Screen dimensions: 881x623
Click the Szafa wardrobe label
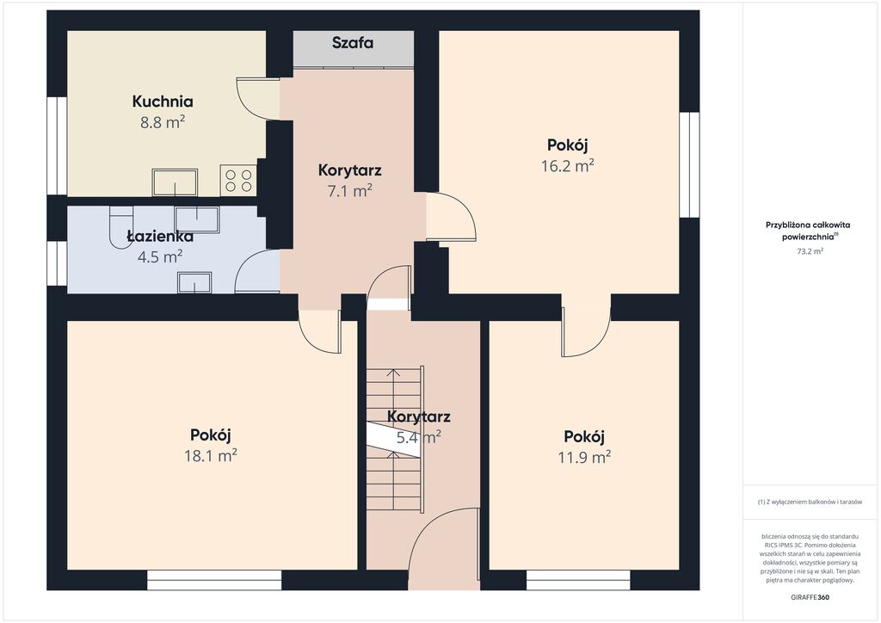pos(352,43)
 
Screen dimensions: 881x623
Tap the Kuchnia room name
pos(163,102)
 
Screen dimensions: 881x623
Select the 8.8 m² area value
pos(163,122)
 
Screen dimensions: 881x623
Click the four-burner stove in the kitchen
pos(238,181)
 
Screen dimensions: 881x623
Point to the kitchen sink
pos(175,182)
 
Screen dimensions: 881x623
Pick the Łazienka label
pos(160,236)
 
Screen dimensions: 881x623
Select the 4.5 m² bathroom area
pos(159,256)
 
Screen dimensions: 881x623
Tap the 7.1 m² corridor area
pos(349,191)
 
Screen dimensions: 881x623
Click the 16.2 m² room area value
pos(568,166)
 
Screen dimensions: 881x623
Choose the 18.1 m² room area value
pos(210,455)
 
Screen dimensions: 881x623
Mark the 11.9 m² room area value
pos(584,457)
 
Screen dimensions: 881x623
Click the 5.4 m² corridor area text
pos(419,437)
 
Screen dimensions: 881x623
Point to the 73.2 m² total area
pos(810,251)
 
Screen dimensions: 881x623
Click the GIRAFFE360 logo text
pos(809,597)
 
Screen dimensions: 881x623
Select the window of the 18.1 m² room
pos(214,580)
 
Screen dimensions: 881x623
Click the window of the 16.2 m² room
pos(689,164)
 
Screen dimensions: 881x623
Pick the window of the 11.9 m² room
pos(578,580)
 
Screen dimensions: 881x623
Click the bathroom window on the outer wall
pos(57,263)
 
